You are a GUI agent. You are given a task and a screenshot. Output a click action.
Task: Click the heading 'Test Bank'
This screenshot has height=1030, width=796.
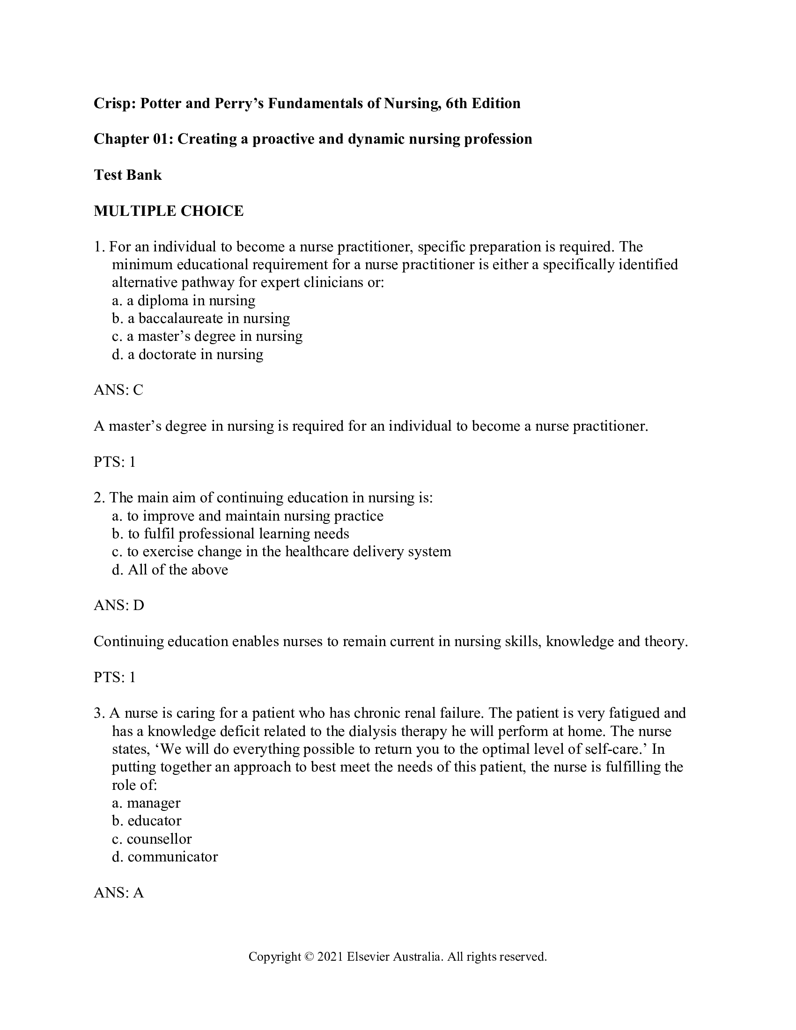tap(127, 175)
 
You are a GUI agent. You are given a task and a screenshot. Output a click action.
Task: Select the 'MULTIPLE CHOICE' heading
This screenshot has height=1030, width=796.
tap(169, 211)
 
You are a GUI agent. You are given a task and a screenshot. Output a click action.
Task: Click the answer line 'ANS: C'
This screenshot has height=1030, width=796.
tap(118, 390)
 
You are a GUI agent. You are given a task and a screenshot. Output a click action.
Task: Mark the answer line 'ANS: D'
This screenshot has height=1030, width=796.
tap(119, 605)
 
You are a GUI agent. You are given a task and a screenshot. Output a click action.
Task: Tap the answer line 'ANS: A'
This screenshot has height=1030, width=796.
tap(118, 893)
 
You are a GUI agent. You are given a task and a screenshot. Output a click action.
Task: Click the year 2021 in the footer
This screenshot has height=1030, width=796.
tap(330, 957)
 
